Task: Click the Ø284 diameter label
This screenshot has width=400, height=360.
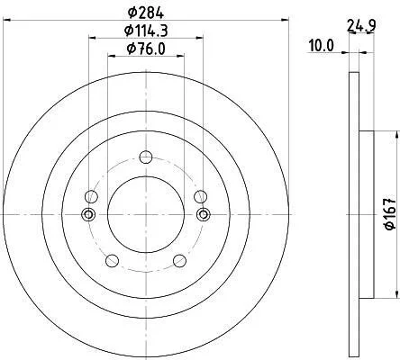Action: tap(146, 13)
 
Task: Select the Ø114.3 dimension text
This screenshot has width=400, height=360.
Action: tap(146, 31)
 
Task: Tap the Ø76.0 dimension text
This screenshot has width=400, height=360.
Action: tap(146, 49)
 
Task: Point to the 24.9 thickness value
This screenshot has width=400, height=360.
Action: tap(361, 25)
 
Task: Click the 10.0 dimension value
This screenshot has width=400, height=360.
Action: tap(322, 46)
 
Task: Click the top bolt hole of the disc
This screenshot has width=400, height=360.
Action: tap(146, 157)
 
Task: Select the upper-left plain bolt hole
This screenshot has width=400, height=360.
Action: tap(92, 197)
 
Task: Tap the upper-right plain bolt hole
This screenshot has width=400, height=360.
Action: tap(200, 197)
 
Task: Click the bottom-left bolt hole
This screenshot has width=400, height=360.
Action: tap(113, 260)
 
